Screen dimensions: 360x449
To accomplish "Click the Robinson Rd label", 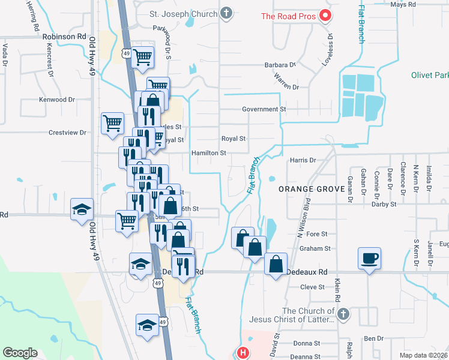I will click(x=64, y=37).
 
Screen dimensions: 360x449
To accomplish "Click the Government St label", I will click(x=264, y=109).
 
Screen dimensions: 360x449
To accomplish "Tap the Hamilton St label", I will click(x=208, y=153).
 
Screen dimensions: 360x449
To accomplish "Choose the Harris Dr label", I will click(x=303, y=160).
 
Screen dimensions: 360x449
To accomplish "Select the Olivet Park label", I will click(x=430, y=76).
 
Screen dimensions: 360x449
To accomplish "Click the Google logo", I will click(x=20, y=353).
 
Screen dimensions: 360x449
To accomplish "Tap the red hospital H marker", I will click(x=243, y=353).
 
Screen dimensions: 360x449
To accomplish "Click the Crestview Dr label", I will click(x=68, y=133).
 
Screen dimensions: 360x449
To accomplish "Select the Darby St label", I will click(x=384, y=204).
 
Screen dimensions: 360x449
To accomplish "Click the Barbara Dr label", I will click(x=280, y=65).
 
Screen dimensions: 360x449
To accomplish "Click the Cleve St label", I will click(x=312, y=287).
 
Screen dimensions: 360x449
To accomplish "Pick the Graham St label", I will click(x=315, y=248).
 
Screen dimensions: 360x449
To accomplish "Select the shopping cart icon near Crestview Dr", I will click(x=112, y=124).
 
